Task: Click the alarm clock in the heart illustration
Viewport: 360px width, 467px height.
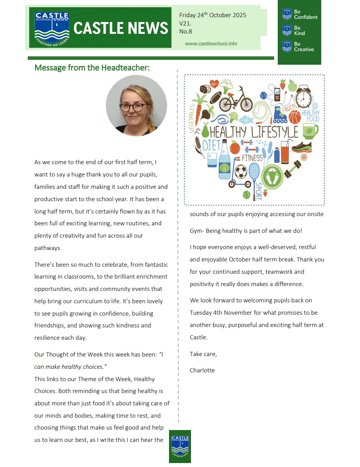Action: point(303,97)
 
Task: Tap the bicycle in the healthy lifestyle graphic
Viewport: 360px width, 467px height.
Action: point(235,100)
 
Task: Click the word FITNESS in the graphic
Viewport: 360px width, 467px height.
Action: point(252,158)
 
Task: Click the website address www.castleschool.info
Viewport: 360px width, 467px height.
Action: point(211,44)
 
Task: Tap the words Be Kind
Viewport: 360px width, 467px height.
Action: point(299,30)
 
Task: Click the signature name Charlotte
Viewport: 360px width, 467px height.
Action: point(202,370)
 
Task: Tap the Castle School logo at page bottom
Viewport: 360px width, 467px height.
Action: point(180,446)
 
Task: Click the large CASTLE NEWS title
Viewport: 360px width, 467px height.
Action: point(121,29)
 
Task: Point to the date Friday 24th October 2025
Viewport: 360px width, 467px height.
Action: point(213,15)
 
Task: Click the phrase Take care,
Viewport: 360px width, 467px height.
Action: point(203,354)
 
